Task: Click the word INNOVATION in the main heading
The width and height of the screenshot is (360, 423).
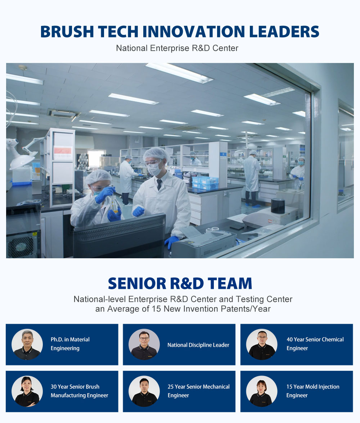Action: tap(193, 32)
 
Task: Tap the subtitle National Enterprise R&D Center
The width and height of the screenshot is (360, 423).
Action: tap(177, 48)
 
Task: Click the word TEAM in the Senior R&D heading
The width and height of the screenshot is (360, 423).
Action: tap(230, 283)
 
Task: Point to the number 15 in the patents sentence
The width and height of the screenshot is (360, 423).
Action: tap(156, 309)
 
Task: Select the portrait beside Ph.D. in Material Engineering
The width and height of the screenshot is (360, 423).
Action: tap(27, 345)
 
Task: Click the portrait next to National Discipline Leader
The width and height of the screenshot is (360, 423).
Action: tap(144, 345)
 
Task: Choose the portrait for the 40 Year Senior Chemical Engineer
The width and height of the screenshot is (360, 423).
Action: tap(262, 345)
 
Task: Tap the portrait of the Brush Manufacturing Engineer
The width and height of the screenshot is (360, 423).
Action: tap(27, 391)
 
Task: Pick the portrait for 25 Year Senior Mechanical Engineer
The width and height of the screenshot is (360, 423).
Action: tap(144, 391)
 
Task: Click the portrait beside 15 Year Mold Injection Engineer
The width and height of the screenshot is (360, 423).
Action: tap(262, 391)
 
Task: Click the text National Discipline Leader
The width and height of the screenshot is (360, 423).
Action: tap(198, 345)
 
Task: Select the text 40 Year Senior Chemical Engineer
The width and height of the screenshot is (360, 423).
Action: tap(315, 344)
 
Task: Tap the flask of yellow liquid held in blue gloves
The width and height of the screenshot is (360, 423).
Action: tap(115, 205)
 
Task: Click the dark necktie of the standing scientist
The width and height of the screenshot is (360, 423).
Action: tap(159, 185)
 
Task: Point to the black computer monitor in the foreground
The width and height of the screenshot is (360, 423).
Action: tap(120, 236)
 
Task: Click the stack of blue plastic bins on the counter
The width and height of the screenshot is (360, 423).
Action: tap(205, 183)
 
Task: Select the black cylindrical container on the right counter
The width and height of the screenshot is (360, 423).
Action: tap(278, 206)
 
